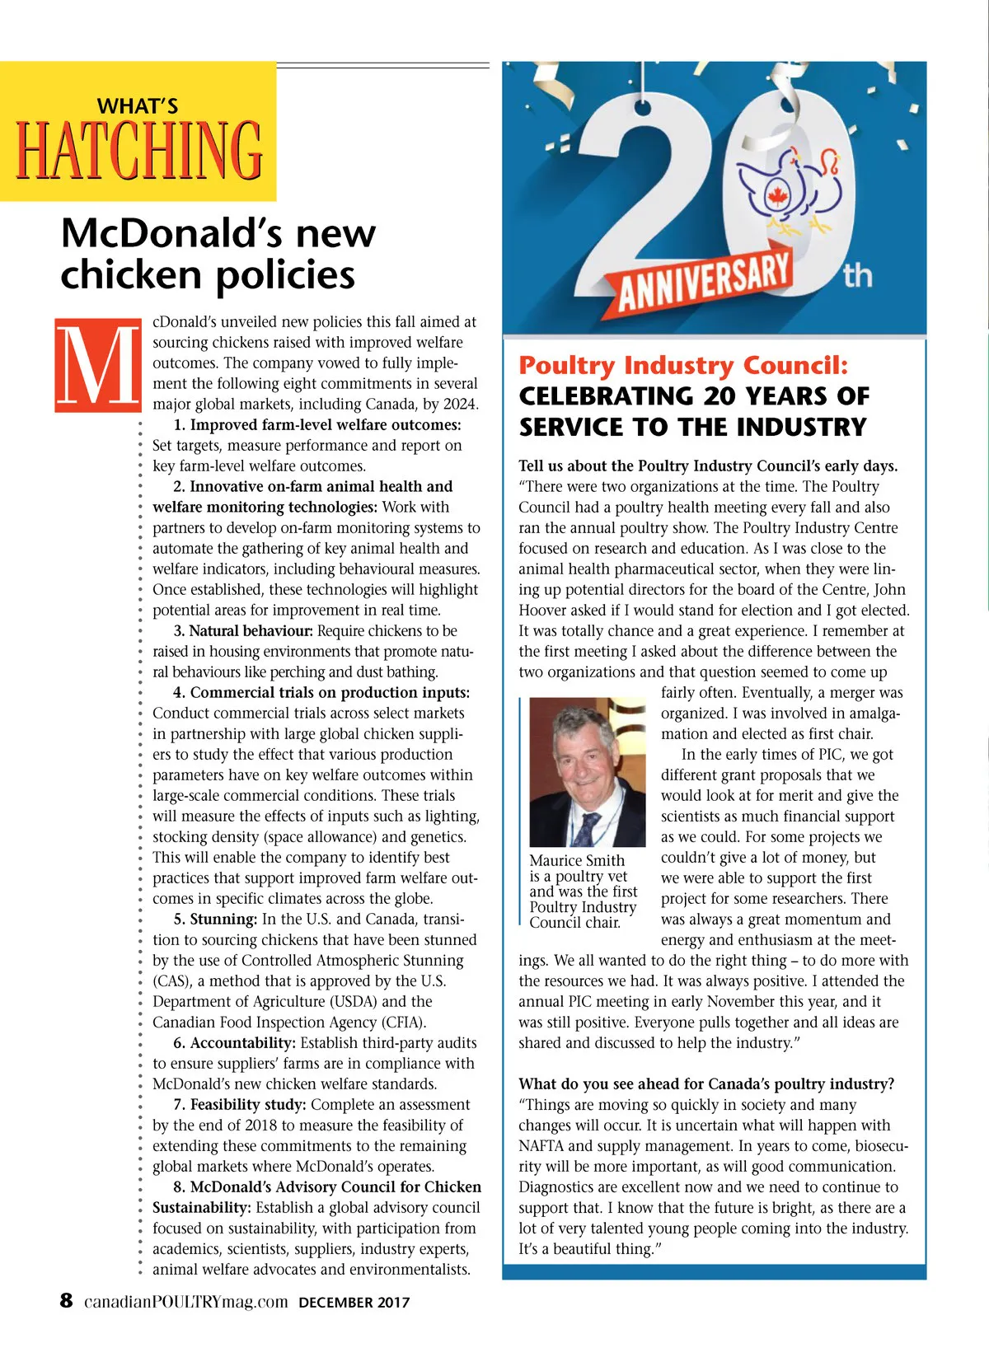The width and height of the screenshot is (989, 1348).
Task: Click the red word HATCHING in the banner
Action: (x=138, y=149)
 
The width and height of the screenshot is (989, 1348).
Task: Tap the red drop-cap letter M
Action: (x=98, y=364)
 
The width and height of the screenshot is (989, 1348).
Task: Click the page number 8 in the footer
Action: (x=66, y=1301)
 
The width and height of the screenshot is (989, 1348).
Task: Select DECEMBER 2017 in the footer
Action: (x=354, y=1303)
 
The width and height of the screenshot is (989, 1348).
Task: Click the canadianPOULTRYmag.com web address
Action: (x=186, y=1302)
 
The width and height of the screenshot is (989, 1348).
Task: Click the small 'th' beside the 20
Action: (x=857, y=274)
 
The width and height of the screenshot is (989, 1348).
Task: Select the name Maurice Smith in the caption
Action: (x=577, y=860)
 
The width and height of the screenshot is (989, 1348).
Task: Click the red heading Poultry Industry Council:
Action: (x=683, y=365)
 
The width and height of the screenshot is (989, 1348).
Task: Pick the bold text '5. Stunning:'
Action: (x=215, y=919)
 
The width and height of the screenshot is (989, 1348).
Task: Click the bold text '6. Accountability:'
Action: (x=234, y=1042)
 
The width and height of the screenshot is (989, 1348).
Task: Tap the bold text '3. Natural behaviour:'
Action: (x=243, y=630)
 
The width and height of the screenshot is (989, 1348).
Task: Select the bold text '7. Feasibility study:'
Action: (x=240, y=1104)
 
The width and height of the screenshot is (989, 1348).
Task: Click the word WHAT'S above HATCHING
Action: (x=138, y=106)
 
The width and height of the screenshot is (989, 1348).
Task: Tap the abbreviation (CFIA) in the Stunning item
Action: (x=400, y=1023)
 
